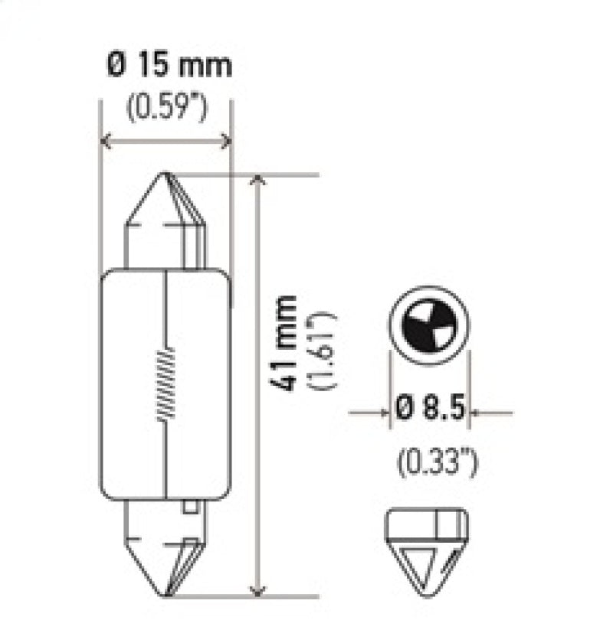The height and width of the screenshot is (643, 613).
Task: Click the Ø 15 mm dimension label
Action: pyautogui.click(x=168, y=66)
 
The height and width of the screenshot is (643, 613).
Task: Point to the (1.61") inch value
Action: pyautogui.click(x=321, y=350)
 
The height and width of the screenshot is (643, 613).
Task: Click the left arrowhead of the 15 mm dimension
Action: pyautogui.click(x=107, y=140)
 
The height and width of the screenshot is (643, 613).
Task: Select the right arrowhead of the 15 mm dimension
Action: pyautogui.click(x=225, y=140)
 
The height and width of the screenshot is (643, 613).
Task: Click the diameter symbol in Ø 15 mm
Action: pyautogui.click(x=114, y=66)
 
